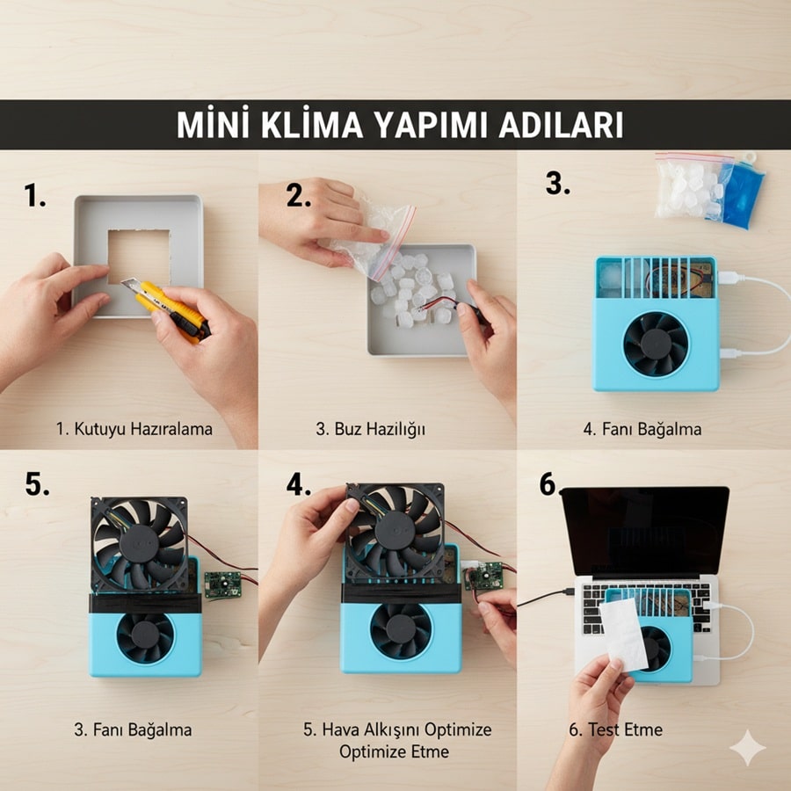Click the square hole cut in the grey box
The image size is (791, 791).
(139, 257)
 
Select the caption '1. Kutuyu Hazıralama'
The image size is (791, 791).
(134, 429)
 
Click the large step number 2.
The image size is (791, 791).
(298, 195)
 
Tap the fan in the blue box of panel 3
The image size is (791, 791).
(656, 344)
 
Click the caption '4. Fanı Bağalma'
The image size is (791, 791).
(642, 429)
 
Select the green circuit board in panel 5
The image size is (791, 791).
(223, 584)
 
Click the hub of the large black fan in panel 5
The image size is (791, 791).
(139, 544)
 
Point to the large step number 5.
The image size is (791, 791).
(37, 484)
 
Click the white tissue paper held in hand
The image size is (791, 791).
(623, 635)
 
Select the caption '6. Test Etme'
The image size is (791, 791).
(615, 729)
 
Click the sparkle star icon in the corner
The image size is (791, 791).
(748, 748)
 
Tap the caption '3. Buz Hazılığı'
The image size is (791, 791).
(370, 429)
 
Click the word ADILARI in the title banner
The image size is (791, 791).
(561, 125)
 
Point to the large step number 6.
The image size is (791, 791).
(548, 484)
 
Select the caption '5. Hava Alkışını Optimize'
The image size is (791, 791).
(397, 729)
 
